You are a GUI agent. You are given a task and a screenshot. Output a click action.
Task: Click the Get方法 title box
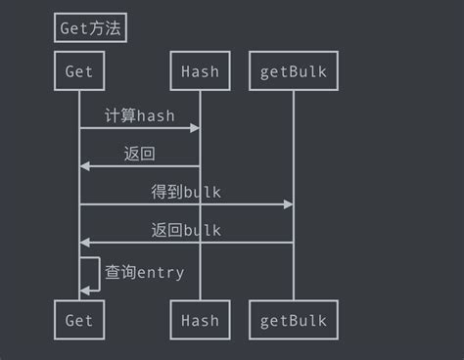(90, 28)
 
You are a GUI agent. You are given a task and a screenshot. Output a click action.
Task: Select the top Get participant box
(79, 71)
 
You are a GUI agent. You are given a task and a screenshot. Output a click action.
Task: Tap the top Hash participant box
(200, 71)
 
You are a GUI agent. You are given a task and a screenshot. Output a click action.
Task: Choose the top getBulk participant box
(293, 71)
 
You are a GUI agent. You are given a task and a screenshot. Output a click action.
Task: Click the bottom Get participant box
(79, 320)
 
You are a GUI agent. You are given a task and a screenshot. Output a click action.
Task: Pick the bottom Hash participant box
(200, 320)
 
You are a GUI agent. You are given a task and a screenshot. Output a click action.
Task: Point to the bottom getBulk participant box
(293, 320)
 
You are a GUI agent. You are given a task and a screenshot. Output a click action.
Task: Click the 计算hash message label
(140, 115)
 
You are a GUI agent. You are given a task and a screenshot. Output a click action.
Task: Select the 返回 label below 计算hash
(140, 154)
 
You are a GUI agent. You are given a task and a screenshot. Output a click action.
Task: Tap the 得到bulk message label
(186, 192)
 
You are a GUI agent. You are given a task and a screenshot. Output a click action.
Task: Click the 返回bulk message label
(186, 230)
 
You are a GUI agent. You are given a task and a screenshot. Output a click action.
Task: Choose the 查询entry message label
(145, 272)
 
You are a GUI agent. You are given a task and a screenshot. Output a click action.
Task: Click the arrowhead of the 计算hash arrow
(195, 128)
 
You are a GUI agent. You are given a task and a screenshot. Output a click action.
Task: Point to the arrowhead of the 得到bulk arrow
(288, 204)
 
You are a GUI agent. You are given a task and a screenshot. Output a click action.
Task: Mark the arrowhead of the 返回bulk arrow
(85, 242)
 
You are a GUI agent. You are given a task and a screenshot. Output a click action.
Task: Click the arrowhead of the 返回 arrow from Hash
(85, 166)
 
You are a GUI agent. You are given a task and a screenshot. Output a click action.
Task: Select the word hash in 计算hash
(156, 115)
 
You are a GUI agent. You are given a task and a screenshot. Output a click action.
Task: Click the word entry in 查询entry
(161, 273)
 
